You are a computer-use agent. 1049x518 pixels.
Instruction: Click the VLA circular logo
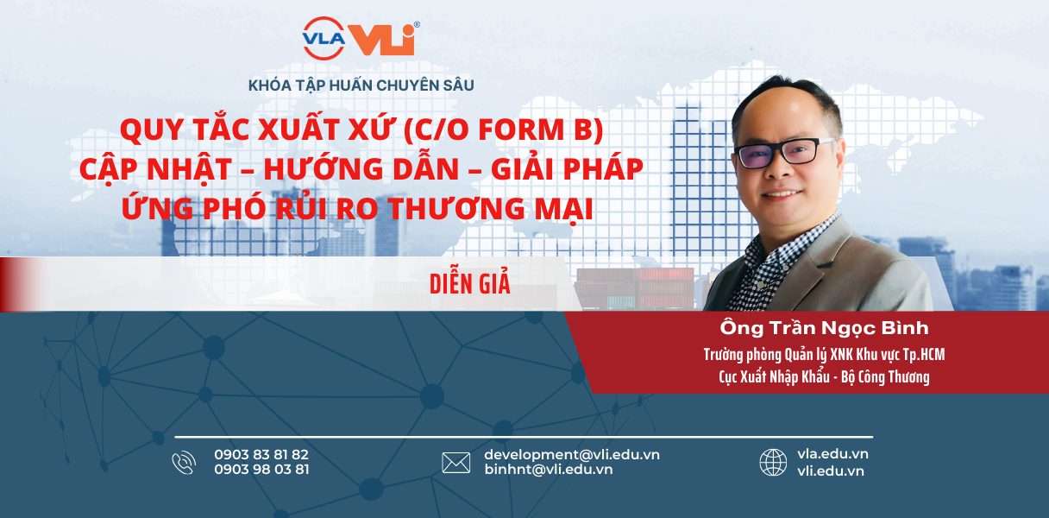(323, 38)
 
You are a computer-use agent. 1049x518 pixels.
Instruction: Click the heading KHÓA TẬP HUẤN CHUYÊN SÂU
(361, 85)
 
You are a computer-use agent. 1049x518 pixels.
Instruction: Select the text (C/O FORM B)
(502, 129)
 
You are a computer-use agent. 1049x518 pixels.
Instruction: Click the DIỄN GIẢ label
(469, 283)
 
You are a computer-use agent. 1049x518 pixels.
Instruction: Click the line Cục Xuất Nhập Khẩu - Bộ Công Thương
(824, 377)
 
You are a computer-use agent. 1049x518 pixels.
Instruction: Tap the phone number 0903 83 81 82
(261, 454)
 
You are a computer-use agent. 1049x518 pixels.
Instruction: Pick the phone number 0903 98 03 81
(261, 470)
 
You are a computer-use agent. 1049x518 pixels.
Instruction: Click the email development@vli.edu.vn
(572, 455)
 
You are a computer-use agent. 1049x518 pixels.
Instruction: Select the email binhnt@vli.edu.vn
(549, 470)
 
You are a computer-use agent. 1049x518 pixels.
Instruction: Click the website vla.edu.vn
(832, 454)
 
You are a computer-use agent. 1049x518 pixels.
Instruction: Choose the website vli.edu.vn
(830, 471)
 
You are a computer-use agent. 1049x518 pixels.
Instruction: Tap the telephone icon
(184, 463)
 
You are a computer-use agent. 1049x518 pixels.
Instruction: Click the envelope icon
(456, 463)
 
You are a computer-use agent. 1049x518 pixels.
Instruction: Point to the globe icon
(773, 462)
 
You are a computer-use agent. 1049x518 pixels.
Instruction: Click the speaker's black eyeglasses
(784, 152)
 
